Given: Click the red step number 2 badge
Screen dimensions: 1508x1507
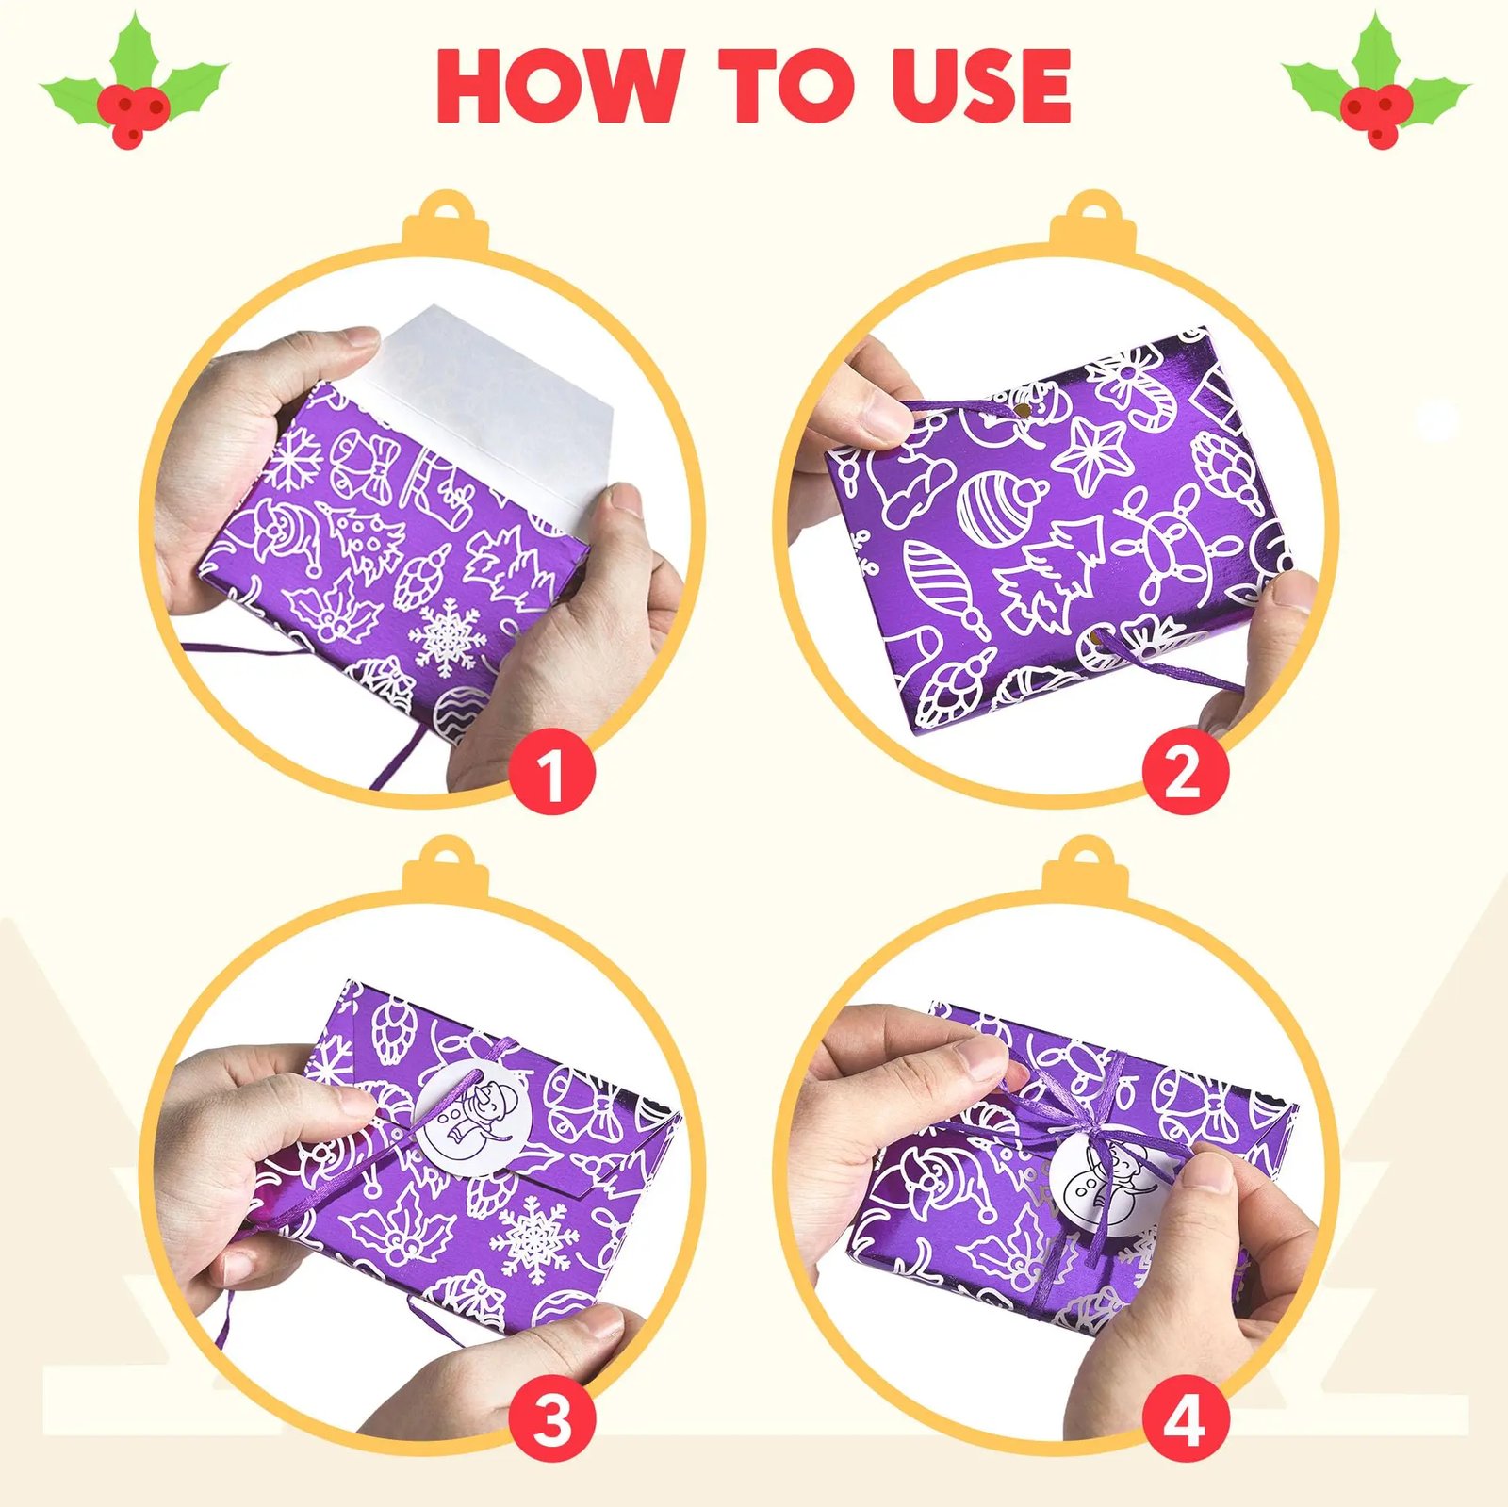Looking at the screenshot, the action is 1186,772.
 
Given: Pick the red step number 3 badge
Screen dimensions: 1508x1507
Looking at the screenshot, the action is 552,1419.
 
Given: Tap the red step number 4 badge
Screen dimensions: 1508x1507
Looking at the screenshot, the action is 1186,1419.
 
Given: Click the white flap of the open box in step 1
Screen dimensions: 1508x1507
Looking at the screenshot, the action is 500,405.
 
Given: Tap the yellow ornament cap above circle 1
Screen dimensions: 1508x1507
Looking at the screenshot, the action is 445,222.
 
